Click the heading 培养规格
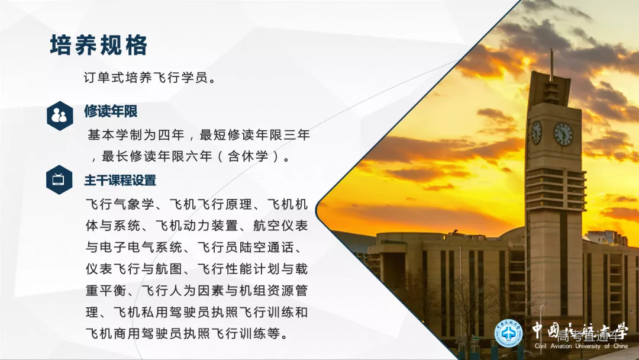click(x=99, y=45)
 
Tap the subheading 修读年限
click(x=111, y=111)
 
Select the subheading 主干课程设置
click(x=120, y=180)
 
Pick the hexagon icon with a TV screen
click(x=59, y=179)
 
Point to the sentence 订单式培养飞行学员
click(x=150, y=78)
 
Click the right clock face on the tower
click(x=563, y=134)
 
